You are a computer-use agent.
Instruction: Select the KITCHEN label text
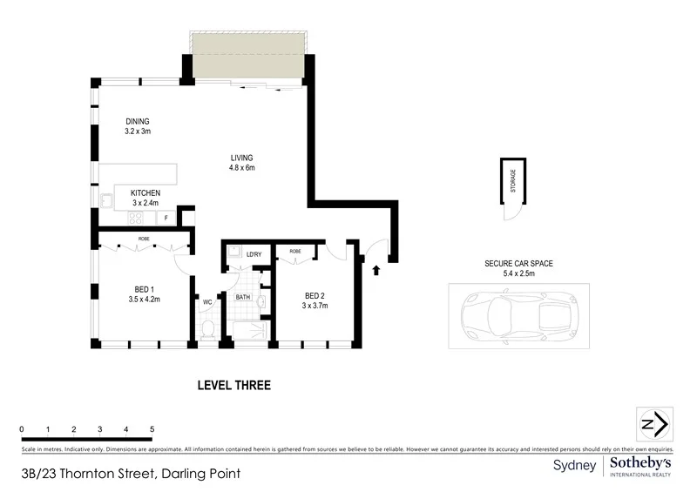[145, 192]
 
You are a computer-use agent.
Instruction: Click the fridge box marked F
[165, 218]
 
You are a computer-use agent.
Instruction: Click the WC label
[207, 302]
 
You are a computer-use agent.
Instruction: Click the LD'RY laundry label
[254, 254]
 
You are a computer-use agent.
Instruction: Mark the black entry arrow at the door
[376, 270]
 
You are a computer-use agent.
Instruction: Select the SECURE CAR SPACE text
[518, 263]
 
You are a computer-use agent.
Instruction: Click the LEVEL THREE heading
[234, 385]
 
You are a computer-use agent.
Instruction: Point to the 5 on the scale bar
[152, 429]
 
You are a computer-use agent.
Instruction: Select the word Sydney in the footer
[575, 466]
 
